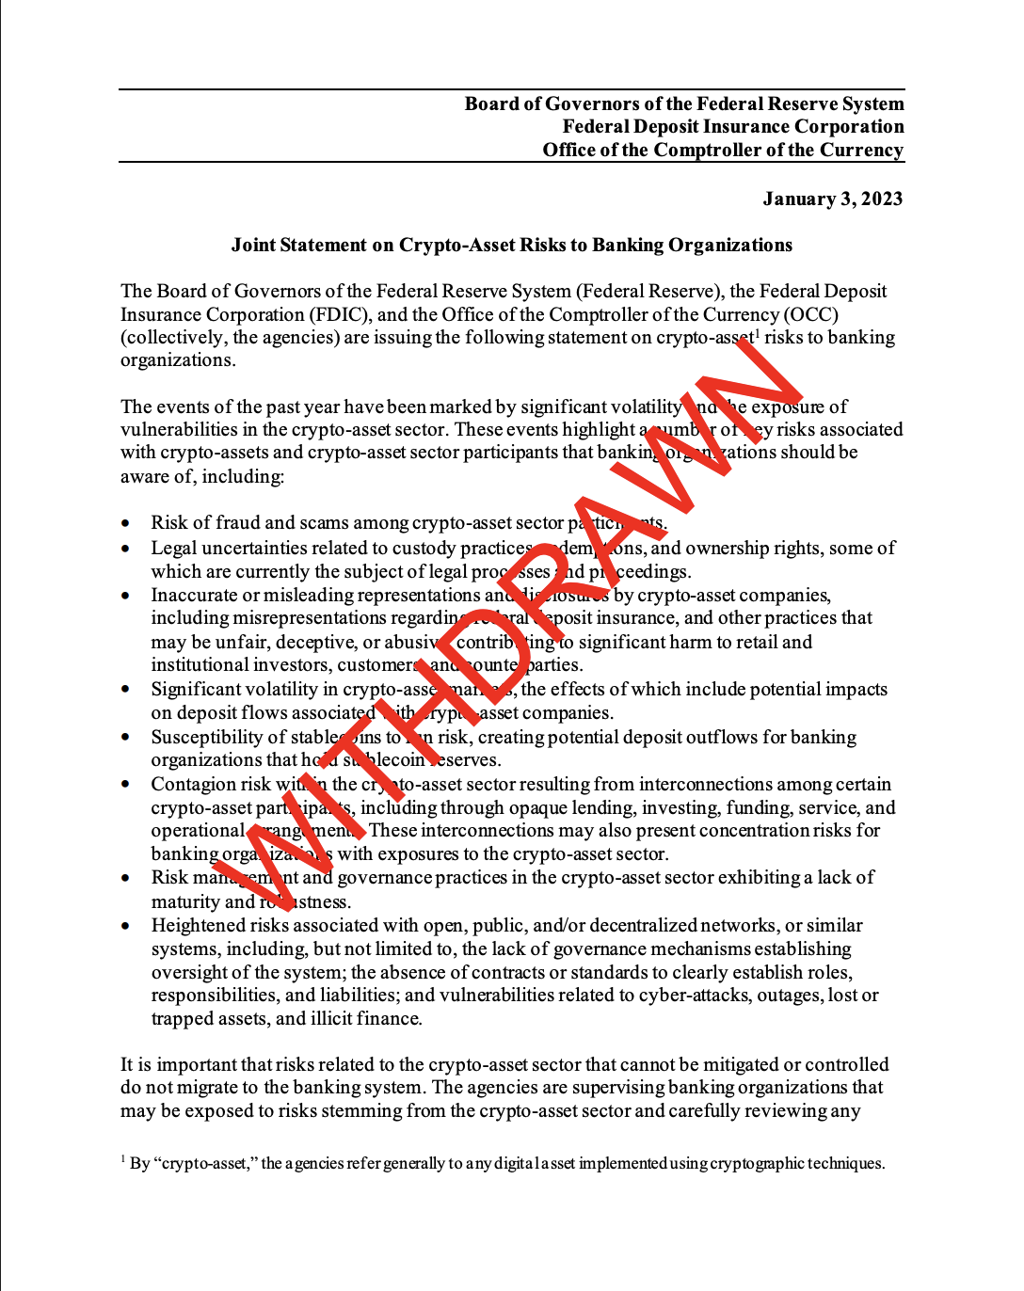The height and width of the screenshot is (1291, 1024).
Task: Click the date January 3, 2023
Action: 832,199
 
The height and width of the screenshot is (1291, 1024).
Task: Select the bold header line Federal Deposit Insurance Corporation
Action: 733,127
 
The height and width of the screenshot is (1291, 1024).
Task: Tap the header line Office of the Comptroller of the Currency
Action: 723,151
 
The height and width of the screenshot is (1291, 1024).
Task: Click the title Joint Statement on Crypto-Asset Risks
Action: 512,246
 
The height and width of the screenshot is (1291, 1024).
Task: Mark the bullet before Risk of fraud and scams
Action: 126,524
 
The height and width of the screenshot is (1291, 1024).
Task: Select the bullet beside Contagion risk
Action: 126,785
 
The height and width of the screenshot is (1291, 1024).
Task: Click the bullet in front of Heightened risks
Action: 126,926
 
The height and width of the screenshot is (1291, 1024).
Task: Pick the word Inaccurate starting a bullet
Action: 194,595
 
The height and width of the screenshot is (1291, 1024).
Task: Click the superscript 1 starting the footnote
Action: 123,1159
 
